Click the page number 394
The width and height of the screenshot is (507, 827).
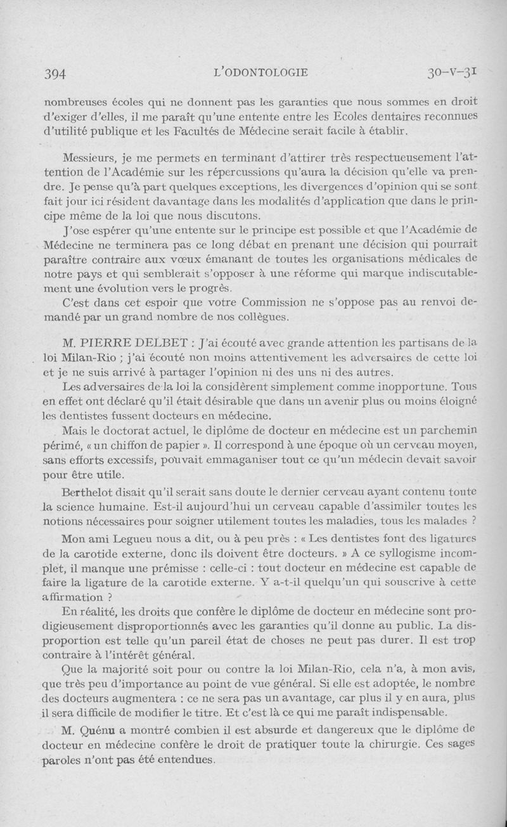[x=56, y=73]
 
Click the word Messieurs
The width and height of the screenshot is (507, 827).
[x=91, y=155]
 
